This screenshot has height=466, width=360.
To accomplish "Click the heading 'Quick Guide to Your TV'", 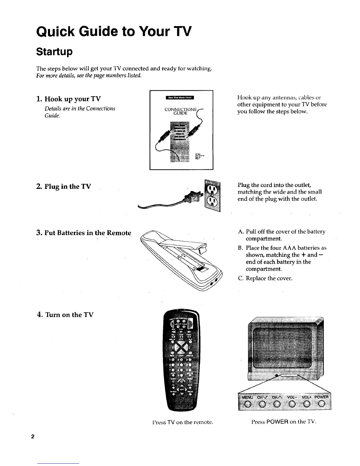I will pos(114,31).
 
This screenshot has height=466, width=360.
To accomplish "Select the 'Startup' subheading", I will pos(54,52).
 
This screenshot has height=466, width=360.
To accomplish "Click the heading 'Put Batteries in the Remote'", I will pos(84,233).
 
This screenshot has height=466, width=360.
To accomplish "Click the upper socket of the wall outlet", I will pos(212,189).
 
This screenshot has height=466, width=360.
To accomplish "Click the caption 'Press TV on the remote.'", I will pos(182,422).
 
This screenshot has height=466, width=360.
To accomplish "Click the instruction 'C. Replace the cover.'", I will pos(265,278).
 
